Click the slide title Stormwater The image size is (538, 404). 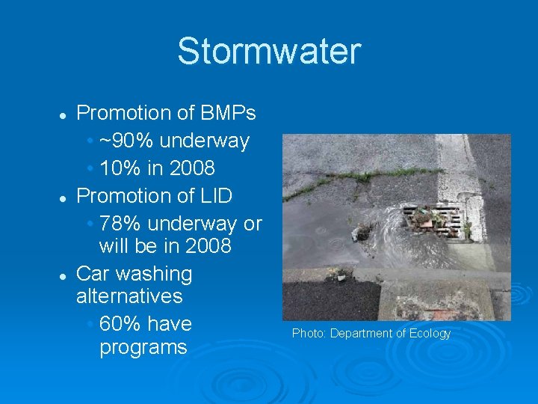[x=268, y=52]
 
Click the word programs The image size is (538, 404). [x=143, y=348]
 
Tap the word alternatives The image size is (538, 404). [x=129, y=296]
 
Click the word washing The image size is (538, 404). [x=155, y=274]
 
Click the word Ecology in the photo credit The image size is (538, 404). [x=430, y=334]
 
